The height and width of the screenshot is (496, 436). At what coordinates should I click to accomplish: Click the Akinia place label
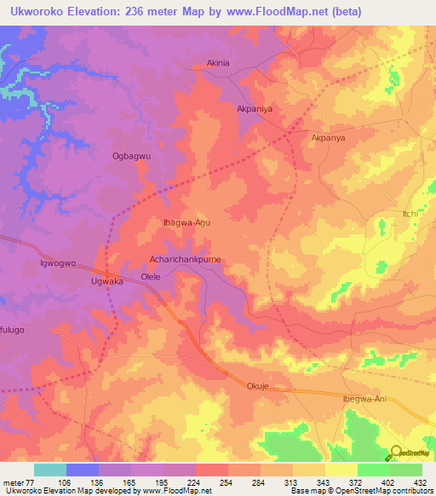tap(219, 63)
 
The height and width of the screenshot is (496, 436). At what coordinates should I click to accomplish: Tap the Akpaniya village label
tap(255, 109)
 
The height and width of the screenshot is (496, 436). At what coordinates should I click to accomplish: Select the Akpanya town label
tap(330, 136)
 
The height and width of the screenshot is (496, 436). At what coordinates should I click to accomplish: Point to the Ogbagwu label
tap(131, 156)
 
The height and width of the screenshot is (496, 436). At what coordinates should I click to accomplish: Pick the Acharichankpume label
tap(185, 262)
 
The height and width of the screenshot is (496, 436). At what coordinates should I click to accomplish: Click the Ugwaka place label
tap(107, 280)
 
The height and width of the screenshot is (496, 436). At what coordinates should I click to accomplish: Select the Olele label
tap(151, 278)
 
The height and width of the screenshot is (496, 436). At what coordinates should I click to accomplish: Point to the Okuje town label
tap(258, 384)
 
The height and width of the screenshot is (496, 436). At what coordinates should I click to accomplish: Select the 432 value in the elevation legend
tap(421, 482)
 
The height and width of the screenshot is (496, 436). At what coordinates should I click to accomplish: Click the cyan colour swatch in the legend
tap(49, 470)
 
